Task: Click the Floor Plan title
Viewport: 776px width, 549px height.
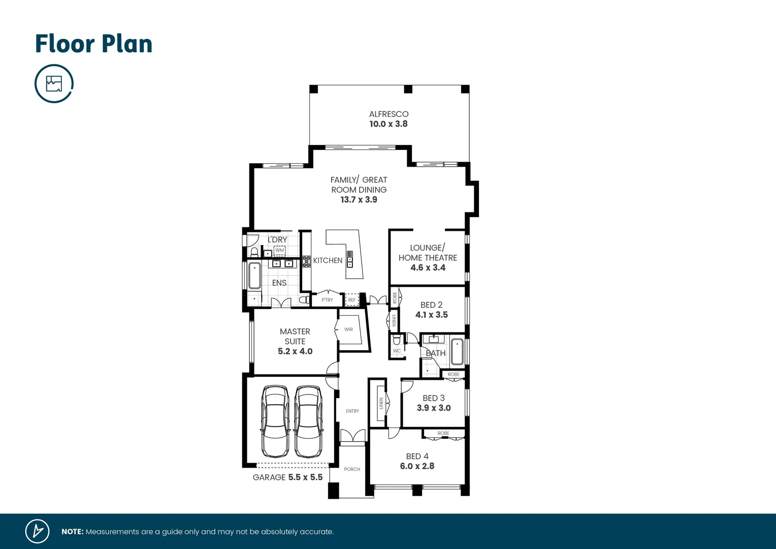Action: [93, 44]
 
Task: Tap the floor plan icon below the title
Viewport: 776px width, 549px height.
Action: [54, 83]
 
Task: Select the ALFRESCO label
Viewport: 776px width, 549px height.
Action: [389, 114]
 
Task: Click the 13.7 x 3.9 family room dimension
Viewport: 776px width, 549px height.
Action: [359, 200]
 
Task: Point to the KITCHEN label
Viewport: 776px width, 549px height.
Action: [328, 260]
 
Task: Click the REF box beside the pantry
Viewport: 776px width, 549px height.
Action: [352, 300]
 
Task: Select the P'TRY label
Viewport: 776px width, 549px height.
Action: [328, 300]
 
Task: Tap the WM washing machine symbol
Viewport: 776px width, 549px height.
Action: [280, 250]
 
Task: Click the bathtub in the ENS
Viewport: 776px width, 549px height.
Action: [254, 276]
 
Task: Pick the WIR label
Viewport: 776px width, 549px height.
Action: [348, 329]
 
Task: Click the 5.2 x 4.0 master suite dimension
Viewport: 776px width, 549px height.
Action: [295, 351]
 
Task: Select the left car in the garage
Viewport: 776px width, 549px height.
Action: [275, 421]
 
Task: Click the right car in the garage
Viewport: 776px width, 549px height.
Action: [308, 421]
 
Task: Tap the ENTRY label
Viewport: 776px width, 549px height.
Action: [352, 411]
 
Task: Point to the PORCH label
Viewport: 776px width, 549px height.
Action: [352, 469]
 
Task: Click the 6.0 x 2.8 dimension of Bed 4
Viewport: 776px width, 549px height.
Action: [417, 466]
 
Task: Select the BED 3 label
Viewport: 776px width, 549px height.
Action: [433, 398]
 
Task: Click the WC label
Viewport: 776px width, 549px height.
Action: [397, 351]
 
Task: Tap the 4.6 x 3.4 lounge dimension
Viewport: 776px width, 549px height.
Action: [428, 267]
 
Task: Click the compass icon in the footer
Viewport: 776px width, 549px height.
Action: [38, 531]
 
